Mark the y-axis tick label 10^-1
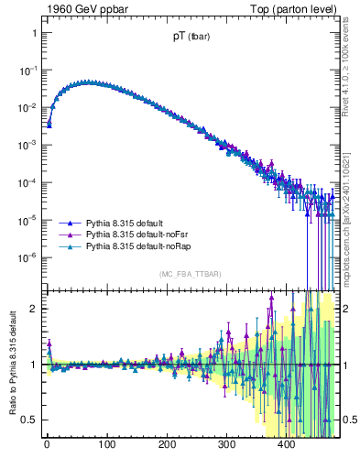point(29,70)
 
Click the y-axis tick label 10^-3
point(29,145)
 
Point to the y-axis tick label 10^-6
point(29,257)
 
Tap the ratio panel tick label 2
point(34,308)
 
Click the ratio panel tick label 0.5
point(30,420)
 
